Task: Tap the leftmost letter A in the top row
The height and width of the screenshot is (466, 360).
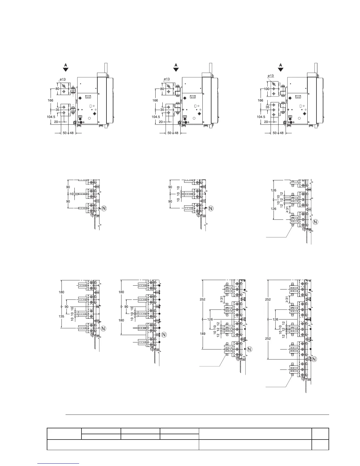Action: point(66,65)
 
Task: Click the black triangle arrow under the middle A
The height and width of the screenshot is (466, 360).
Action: point(176,69)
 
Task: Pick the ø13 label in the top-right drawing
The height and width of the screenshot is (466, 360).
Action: point(270,76)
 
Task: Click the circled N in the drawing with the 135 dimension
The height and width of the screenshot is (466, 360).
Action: point(103,328)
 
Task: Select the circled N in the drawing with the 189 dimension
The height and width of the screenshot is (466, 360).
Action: point(249,349)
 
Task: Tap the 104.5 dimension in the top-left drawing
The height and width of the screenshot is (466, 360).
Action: point(51,117)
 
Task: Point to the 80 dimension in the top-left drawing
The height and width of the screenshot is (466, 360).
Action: point(57,89)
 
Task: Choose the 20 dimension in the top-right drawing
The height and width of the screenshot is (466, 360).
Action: point(266,122)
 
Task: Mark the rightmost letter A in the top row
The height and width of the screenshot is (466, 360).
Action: point(281,65)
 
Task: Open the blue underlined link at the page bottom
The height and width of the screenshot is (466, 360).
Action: point(59,463)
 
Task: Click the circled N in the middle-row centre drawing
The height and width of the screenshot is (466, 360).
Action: point(211,208)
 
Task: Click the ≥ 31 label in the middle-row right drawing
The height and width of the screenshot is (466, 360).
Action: point(287,209)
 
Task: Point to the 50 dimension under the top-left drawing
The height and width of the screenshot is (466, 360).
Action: point(65,133)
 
